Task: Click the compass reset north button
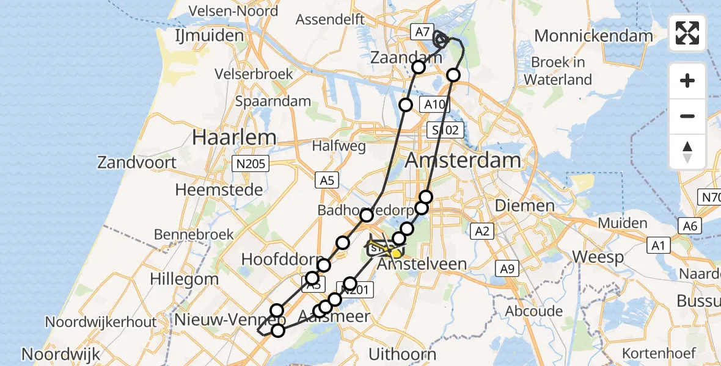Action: tap(687, 151)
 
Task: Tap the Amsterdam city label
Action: tap(463, 161)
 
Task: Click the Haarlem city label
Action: tap(234, 137)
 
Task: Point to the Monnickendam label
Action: tap(593, 36)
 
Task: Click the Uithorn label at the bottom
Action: tap(402, 354)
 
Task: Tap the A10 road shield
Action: tap(434, 104)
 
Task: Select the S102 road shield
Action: tap(445, 130)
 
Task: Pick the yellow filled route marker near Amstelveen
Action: tap(396, 253)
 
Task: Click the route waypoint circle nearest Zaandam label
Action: tap(419, 67)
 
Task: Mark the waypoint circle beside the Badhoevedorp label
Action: tap(367, 215)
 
